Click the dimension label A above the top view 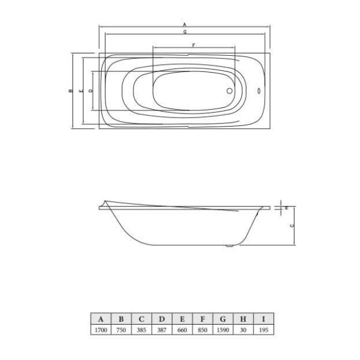pyautogui.click(x=185, y=24)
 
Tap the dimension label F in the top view pyautogui.click(x=193, y=46)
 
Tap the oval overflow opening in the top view pyautogui.click(x=259, y=92)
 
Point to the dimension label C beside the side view pyautogui.click(x=291, y=226)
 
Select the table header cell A pyautogui.click(x=101, y=319)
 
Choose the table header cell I pyautogui.click(x=262, y=319)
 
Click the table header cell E pyautogui.click(x=182, y=319)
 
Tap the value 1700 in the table pyautogui.click(x=101, y=330)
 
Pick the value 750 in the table pyautogui.click(x=121, y=330)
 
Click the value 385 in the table pyautogui.click(x=142, y=330)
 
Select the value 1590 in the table pyautogui.click(x=223, y=330)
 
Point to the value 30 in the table pyautogui.click(x=243, y=330)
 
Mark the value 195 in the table pyautogui.click(x=262, y=330)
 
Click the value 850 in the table pyautogui.click(x=202, y=330)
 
